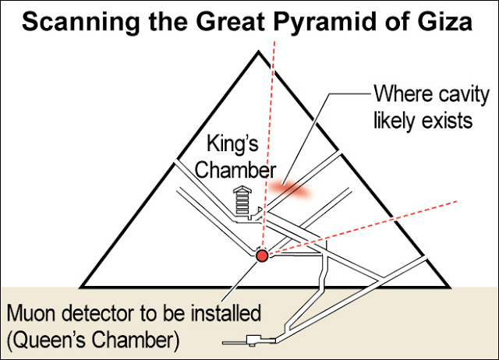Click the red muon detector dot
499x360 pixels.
point(262,256)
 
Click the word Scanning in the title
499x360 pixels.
point(80,23)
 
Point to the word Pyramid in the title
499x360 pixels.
point(325,23)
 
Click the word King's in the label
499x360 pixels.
point(232,143)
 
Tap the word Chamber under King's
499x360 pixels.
point(235,170)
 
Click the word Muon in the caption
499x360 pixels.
point(31,313)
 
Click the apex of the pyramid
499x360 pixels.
point(259,51)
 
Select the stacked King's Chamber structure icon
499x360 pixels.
point(242,201)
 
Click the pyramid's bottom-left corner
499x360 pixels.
point(81,288)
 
